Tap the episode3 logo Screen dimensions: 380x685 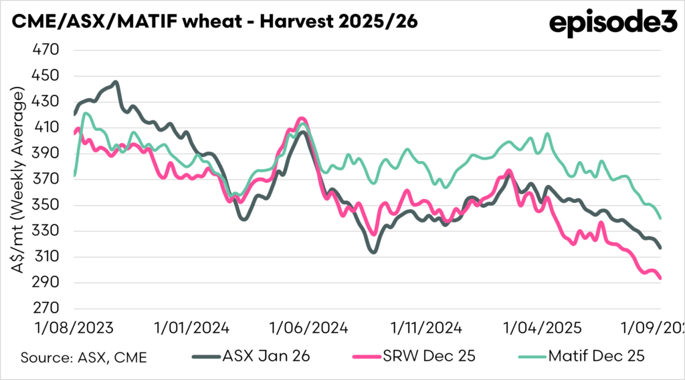tap(613, 23)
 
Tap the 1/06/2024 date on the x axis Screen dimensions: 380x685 tap(308, 329)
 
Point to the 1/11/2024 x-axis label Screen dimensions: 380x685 tap(425, 329)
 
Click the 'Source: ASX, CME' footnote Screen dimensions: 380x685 tap(84, 357)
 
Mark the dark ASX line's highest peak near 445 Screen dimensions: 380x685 tap(116, 83)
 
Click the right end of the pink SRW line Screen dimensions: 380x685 tap(661, 278)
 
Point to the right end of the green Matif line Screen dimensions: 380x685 tap(661, 218)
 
